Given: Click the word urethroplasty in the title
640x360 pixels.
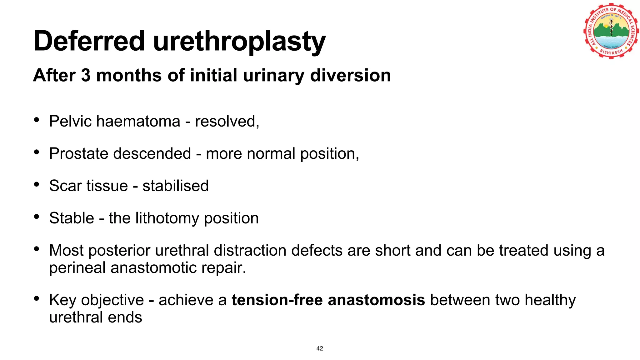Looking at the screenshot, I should click(x=239, y=42).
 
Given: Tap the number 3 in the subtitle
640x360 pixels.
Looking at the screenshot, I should click(x=85, y=75).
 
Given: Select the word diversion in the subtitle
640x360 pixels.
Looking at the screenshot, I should click(x=350, y=75).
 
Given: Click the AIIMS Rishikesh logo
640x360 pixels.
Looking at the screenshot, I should click(x=611, y=31).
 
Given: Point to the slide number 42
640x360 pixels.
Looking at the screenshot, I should click(x=320, y=348).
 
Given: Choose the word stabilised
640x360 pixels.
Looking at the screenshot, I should click(x=175, y=186).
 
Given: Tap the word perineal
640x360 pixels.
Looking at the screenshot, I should click(x=77, y=268).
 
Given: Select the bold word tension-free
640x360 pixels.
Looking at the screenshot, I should click(x=277, y=300).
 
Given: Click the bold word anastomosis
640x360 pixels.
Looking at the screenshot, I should click(x=376, y=300).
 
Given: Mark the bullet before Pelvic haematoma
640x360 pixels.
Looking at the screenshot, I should click(x=37, y=120).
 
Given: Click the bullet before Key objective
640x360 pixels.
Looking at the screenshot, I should click(x=37, y=299).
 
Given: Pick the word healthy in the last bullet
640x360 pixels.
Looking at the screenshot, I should click(x=550, y=300).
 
